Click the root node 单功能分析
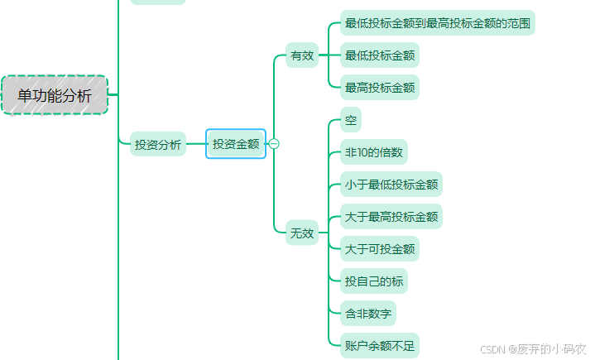(55, 95)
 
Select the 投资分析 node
(158, 144)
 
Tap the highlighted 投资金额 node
(236, 144)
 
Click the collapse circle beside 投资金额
(274, 144)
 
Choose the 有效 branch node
(302, 55)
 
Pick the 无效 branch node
(302, 233)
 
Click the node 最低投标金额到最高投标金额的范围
(438, 23)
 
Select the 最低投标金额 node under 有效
(380, 55)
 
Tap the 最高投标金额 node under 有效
(380, 87)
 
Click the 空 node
(351, 121)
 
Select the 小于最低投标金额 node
(391, 185)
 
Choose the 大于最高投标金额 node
(391, 217)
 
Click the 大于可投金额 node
(380, 249)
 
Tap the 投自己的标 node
(374, 281)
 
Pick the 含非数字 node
(368, 314)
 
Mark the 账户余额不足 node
(380, 345)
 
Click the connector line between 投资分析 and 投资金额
(195, 144)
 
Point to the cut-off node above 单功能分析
(158, 2)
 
